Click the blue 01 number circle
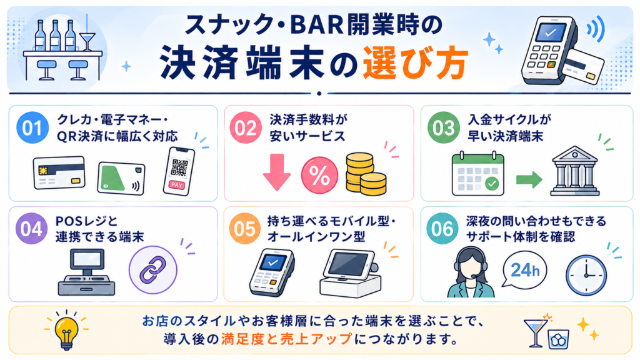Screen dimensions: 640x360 pyautogui.click(x=32, y=127)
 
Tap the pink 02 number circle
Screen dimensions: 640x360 pyautogui.click(x=246, y=127)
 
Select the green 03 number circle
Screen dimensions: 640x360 pyautogui.click(x=444, y=127)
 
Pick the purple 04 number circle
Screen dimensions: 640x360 pyautogui.click(x=31, y=229)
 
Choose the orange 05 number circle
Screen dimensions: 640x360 pyautogui.click(x=245, y=229)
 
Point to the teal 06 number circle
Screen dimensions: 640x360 pyautogui.click(x=442, y=229)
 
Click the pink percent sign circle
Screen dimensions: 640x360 pyautogui.click(x=319, y=176)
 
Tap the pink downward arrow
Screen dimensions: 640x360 pyautogui.click(x=277, y=172)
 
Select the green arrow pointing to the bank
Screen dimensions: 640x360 pyautogui.click(x=529, y=179)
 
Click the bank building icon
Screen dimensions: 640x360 pyautogui.click(x=575, y=171)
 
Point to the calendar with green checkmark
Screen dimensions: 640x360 pyautogui.click(x=478, y=174)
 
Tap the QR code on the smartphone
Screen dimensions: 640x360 pyautogui.click(x=179, y=167)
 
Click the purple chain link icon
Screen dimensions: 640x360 pyautogui.click(x=153, y=270)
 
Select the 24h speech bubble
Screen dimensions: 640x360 pyautogui.click(x=524, y=270)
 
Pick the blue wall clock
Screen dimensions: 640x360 pyautogui.click(x=586, y=275)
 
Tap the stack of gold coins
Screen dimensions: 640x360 pyautogui.click(x=366, y=174)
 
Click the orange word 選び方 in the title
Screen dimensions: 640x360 pyautogui.click(x=415, y=64)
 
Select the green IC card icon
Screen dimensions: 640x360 pyautogui.click(x=121, y=178)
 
